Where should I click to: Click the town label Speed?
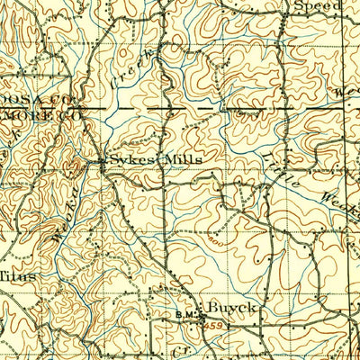click(320, 6)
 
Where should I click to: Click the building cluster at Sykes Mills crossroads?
click(102, 162)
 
